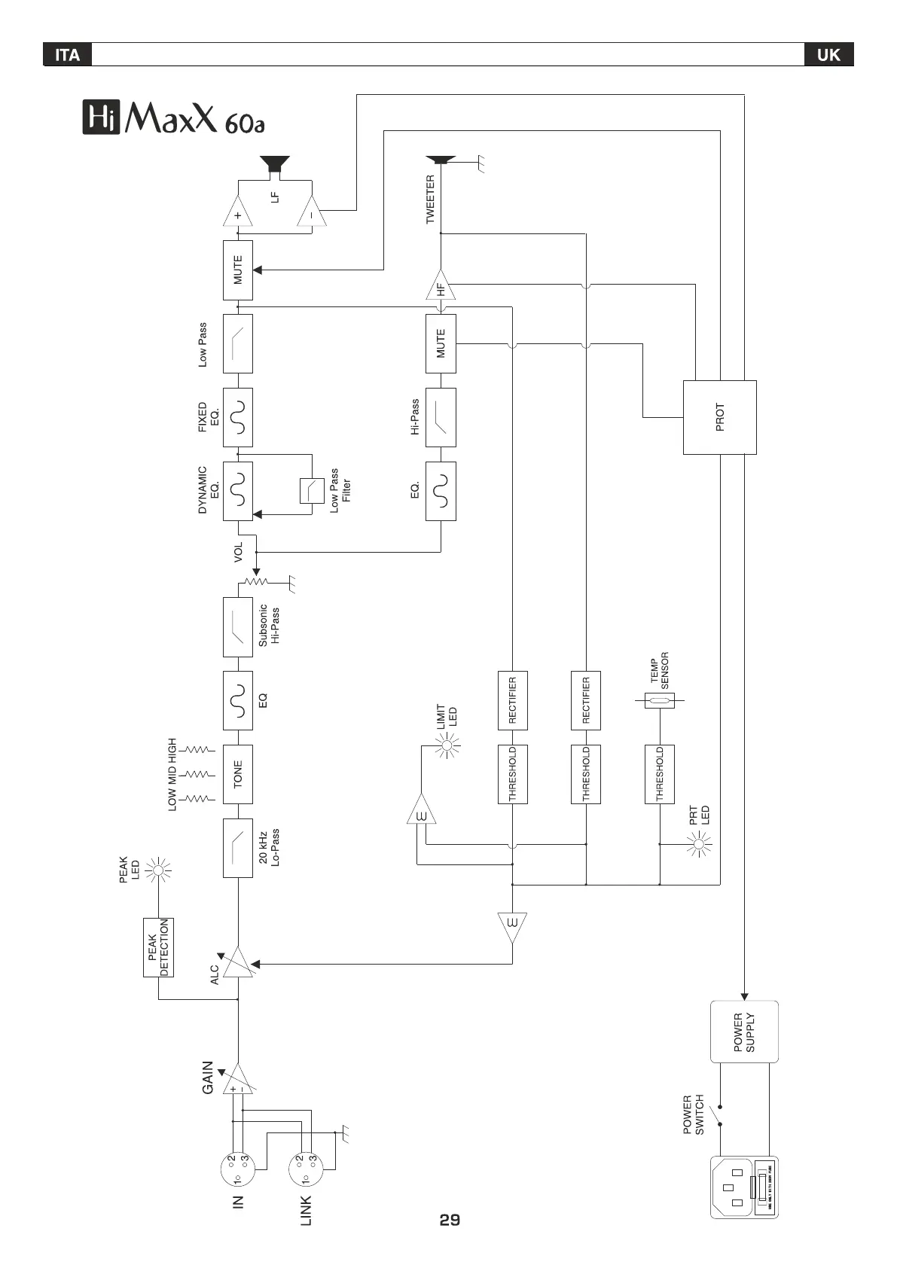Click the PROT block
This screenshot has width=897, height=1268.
coord(719,417)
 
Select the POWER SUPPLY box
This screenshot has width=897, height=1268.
coord(744,1032)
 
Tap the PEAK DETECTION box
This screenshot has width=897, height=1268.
coord(158,947)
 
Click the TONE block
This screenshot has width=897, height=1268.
coord(238,774)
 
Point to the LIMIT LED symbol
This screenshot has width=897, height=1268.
coord(449,746)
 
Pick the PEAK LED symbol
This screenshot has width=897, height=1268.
coord(158,872)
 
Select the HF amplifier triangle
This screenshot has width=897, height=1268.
coord(441,287)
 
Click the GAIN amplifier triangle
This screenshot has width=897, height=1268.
coord(240,1081)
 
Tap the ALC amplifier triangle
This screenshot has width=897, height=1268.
coord(240,963)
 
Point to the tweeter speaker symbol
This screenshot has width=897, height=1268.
coord(441,160)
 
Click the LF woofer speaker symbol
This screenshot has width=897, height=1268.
coord(275,165)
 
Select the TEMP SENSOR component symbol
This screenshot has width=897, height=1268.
coord(660,702)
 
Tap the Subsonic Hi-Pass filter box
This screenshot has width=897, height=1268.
coord(238,627)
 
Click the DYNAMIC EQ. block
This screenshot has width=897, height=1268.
coord(238,491)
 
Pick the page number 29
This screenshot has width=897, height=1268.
coord(450,1220)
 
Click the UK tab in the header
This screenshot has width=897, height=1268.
coord(828,54)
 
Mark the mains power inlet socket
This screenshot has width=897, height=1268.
coord(743,1187)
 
